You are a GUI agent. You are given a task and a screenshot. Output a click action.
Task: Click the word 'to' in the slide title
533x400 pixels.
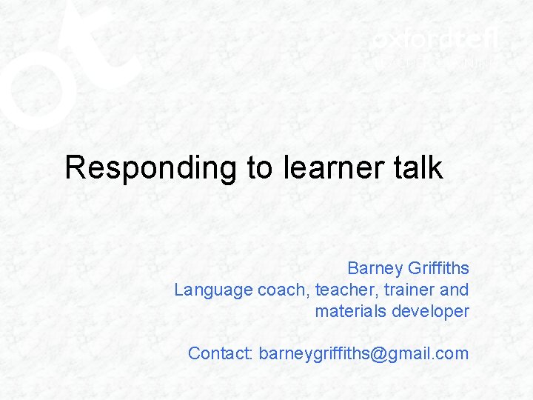(x=259, y=168)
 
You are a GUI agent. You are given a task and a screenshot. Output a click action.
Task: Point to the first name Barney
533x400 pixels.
(x=373, y=268)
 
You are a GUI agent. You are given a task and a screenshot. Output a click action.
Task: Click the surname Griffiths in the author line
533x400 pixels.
(x=437, y=268)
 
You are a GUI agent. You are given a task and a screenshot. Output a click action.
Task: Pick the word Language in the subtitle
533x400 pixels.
(x=213, y=290)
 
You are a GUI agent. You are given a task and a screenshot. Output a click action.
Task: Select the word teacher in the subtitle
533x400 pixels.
(x=343, y=290)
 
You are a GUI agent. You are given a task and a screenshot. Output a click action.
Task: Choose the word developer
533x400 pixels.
(x=430, y=311)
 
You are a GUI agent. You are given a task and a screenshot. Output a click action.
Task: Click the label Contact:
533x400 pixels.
(x=221, y=353)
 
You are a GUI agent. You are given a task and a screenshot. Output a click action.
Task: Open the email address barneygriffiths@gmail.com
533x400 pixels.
(x=363, y=353)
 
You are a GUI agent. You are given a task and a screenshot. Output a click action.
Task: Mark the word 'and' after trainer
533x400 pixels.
(x=454, y=290)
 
